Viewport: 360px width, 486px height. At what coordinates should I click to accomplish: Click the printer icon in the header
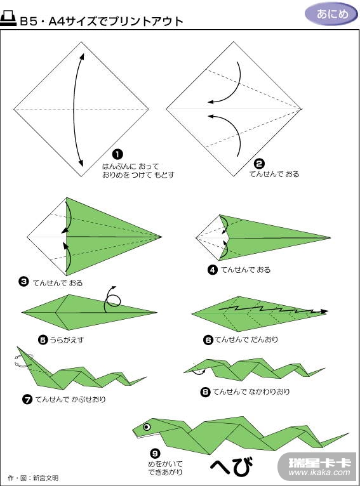[8, 18]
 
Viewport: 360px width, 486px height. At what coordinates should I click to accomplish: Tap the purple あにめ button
[332, 14]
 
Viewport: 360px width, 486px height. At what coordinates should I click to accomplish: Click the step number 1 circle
[117, 154]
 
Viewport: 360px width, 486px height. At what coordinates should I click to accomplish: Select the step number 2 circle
[259, 164]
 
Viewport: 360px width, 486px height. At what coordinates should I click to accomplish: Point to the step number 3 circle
[23, 282]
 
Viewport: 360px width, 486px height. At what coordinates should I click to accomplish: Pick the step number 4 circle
[213, 270]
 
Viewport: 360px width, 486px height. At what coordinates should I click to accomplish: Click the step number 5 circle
[43, 340]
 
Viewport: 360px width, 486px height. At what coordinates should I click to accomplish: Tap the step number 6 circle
[208, 340]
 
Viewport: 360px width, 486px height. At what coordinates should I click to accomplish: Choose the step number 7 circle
[27, 399]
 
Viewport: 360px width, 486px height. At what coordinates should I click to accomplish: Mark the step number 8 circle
[205, 392]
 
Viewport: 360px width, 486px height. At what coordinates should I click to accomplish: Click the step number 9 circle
[155, 454]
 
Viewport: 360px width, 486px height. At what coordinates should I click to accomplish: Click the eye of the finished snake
[147, 427]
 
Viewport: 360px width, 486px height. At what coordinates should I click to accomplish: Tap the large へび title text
[232, 465]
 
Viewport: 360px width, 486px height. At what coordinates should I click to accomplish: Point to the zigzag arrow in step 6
[273, 310]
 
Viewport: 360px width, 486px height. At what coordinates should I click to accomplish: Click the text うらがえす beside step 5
[67, 340]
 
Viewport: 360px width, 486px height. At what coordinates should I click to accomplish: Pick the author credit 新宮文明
[46, 478]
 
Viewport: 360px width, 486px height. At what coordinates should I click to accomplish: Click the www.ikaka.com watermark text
[319, 473]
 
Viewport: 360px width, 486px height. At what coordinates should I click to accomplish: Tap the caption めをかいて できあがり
[165, 468]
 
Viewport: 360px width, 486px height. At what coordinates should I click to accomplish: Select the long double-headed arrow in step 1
[74, 110]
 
